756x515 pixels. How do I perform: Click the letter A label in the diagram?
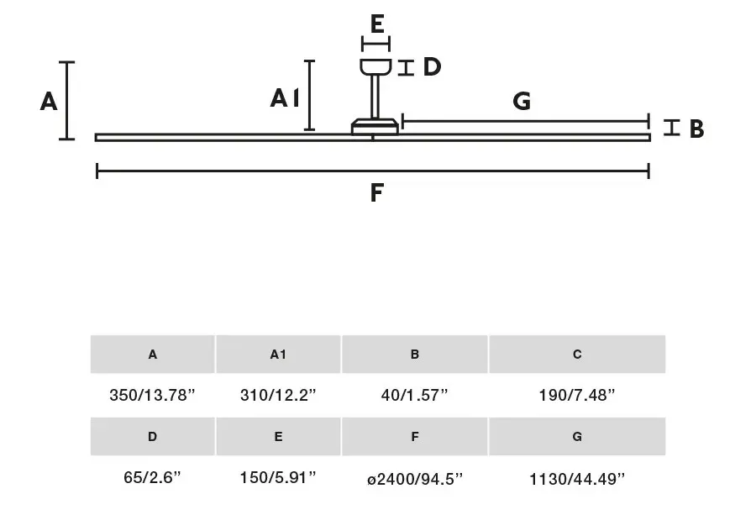[49, 102]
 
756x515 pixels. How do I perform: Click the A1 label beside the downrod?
[285, 98]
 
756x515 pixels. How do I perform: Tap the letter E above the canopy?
[377, 24]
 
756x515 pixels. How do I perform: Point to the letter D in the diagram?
[432, 66]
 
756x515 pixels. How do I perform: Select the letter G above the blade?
[522, 102]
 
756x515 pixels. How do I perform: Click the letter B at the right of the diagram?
[696, 129]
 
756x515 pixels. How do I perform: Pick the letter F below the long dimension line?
[376, 192]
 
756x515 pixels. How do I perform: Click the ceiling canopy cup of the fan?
[375, 67]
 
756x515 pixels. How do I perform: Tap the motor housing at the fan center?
[375, 126]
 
